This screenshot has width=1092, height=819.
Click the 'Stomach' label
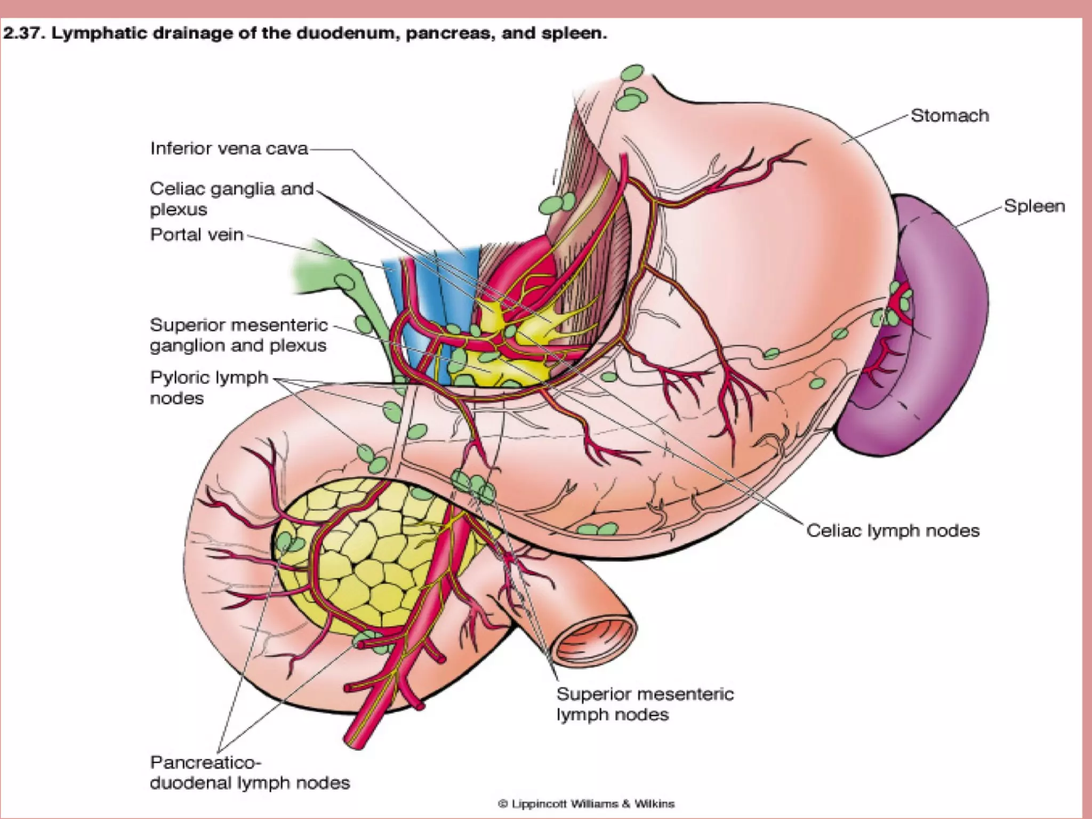pyautogui.click(x=949, y=116)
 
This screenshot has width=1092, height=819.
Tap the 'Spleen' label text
pyautogui.click(x=1034, y=206)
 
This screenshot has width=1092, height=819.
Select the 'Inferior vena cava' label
pyautogui.click(x=229, y=148)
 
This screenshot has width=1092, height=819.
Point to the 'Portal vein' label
pyautogui.click(x=196, y=235)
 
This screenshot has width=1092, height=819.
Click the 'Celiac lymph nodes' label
pyautogui.click(x=893, y=531)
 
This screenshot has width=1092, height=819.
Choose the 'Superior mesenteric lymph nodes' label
pyautogui.click(x=645, y=704)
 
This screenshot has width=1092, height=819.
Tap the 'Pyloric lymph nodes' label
pyautogui.click(x=208, y=388)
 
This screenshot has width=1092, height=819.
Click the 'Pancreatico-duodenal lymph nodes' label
pyautogui.click(x=250, y=773)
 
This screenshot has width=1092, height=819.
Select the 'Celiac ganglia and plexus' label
pyautogui.click(x=231, y=198)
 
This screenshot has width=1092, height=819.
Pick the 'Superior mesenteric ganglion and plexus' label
pyautogui.click(x=238, y=335)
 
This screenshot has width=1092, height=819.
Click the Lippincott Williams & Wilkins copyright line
pyautogui.click(x=586, y=804)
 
